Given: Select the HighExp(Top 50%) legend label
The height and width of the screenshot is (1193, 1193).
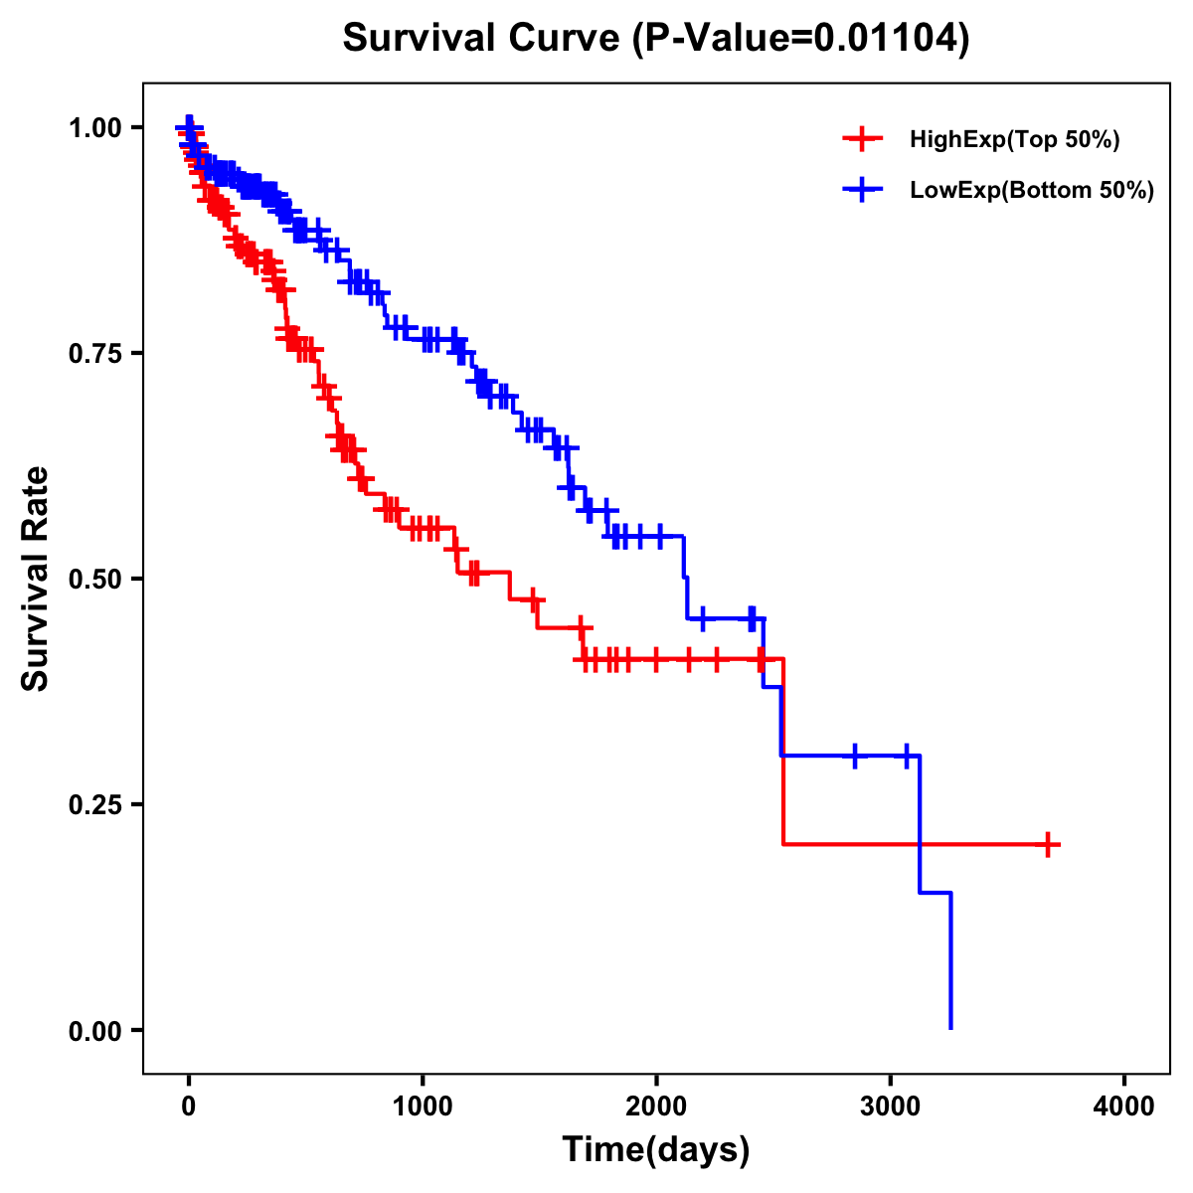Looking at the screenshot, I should point(1015,140).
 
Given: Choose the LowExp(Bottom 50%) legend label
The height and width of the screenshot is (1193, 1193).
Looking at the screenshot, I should point(1032,191).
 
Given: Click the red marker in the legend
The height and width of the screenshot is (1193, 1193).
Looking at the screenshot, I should point(862,139).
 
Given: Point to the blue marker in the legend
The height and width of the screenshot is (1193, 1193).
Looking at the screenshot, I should point(862,190).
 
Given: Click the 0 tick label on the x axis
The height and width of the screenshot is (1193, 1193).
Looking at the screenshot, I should point(189,1108).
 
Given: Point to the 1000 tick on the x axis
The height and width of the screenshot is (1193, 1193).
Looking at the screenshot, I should point(423,1108).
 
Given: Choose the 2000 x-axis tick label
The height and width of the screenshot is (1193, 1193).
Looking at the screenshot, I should point(656,1108).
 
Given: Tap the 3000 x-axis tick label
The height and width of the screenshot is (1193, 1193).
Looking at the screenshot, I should point(891,1108).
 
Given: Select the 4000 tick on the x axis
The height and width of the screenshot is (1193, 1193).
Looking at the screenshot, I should point(1124,1108).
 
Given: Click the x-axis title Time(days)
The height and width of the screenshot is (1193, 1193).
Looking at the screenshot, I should point(656,1150).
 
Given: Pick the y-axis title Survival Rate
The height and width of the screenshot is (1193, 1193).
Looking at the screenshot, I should point(36,579).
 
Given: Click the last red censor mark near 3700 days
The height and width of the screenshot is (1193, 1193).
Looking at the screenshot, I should point(1047,845).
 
